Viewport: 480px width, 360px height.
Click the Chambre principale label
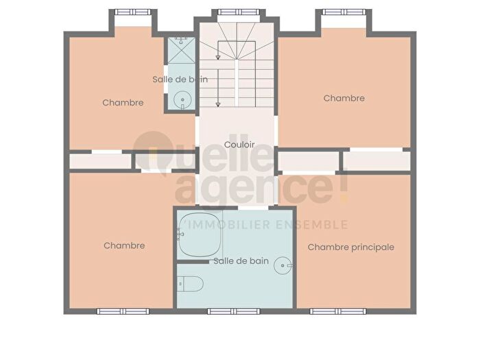tap(350, 247)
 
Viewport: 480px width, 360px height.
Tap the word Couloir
tap(239, 145)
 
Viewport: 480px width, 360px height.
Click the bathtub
tap(199, 234)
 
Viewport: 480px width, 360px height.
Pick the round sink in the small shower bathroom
tap(182, 100)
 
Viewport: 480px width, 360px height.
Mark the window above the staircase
tap(237, 12)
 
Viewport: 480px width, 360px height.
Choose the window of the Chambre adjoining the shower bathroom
tap(134, 12)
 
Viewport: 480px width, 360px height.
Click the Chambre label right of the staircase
tap(344, 98)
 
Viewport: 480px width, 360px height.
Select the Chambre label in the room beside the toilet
tap(124, 245)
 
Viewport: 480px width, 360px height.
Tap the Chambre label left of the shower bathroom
tap(123, 103)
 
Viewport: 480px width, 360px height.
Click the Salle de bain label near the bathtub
tap(241, 261)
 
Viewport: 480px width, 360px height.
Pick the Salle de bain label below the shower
tap(180, 80)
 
